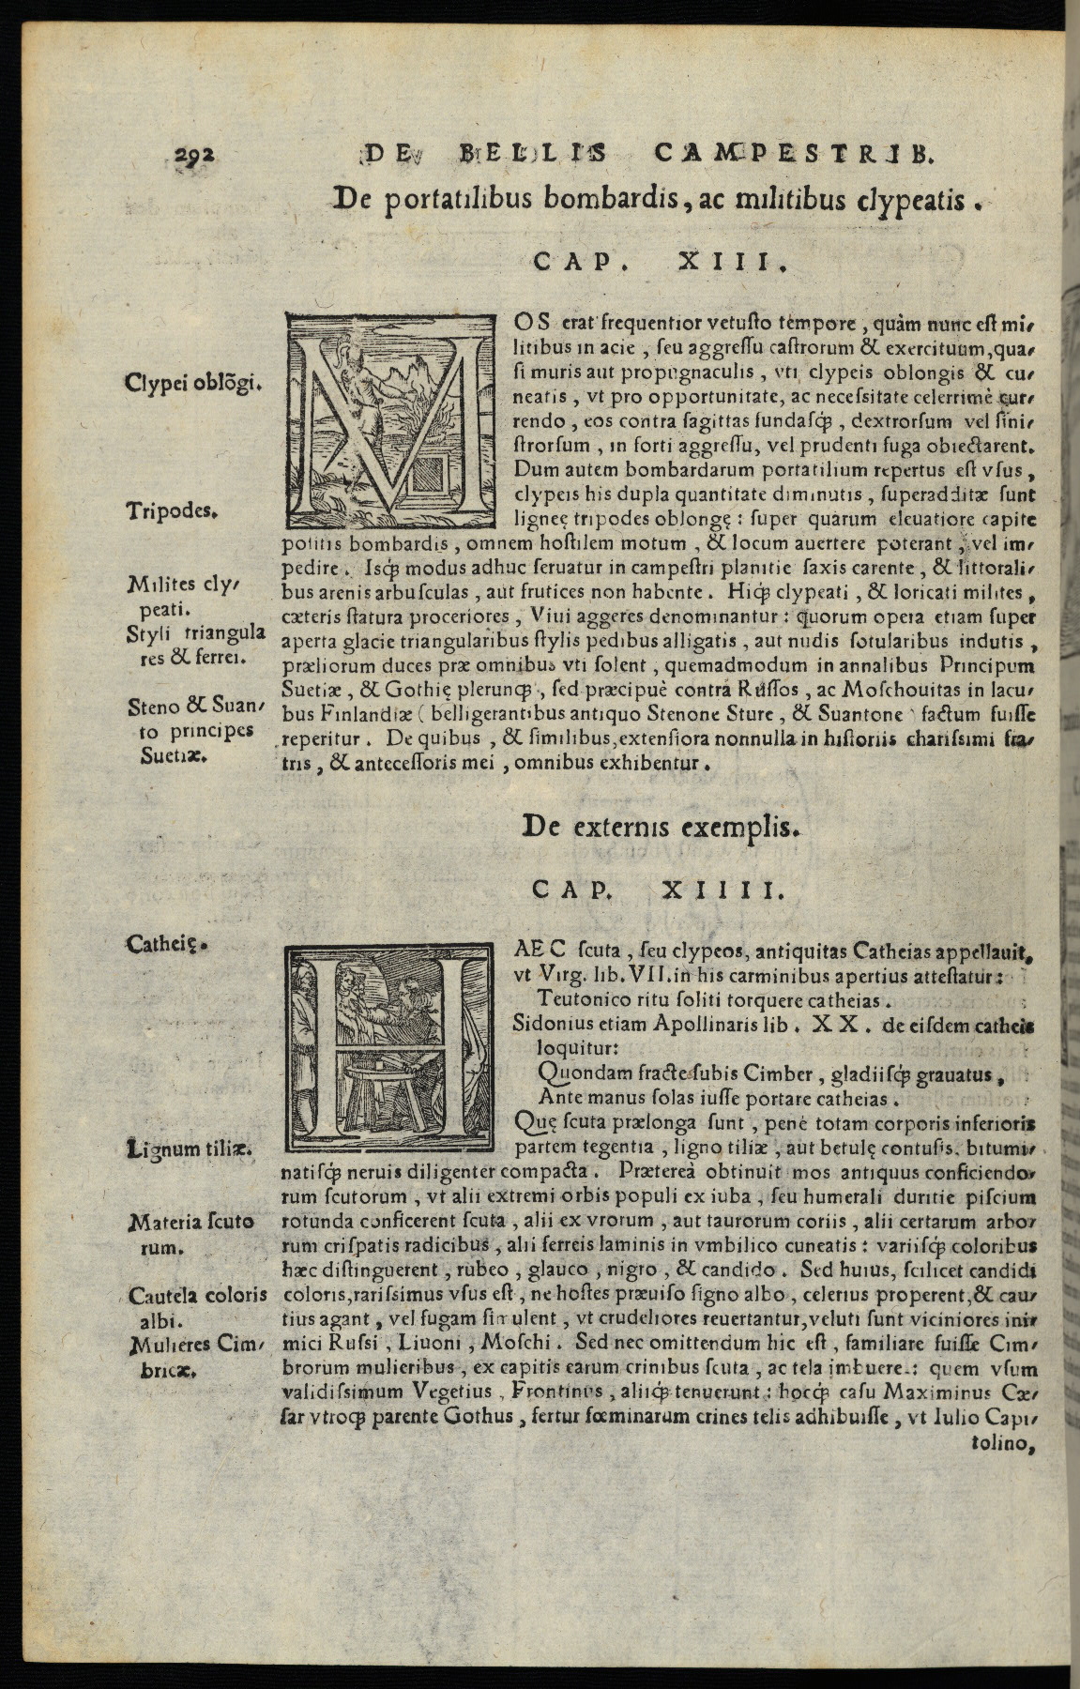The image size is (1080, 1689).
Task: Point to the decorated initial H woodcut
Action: coord(389,1046)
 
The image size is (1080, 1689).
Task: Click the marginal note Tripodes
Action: coord(172,512)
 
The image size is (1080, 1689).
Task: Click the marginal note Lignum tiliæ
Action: coord(192,1148)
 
